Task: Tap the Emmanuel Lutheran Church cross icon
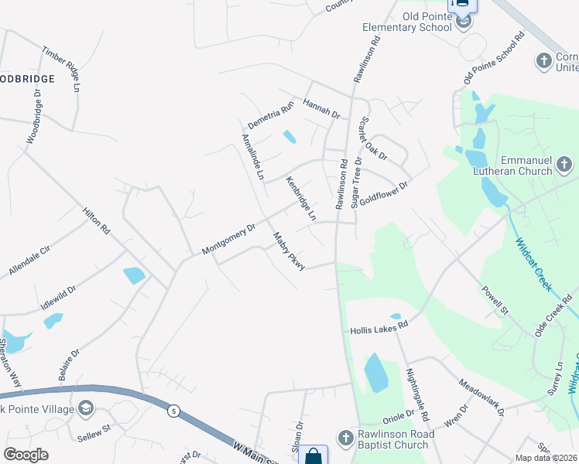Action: (x=564, y=164)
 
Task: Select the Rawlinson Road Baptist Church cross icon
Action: (x=348, y=438)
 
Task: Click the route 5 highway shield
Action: (x=175, y=411)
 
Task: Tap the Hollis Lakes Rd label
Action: (x=379, y=328)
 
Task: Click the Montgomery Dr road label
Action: (x=228, y=240)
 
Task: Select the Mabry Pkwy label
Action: (x=287, y=251)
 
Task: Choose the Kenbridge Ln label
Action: (x=301, y=200)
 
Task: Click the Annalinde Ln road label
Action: (x=253, y=157)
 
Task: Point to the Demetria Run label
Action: (x=271, y=114)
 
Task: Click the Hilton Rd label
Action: (x=97, y=220)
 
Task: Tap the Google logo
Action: (x=26, y=455)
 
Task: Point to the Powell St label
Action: (x=494, y=300)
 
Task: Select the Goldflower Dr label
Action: (x=382, y=189)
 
